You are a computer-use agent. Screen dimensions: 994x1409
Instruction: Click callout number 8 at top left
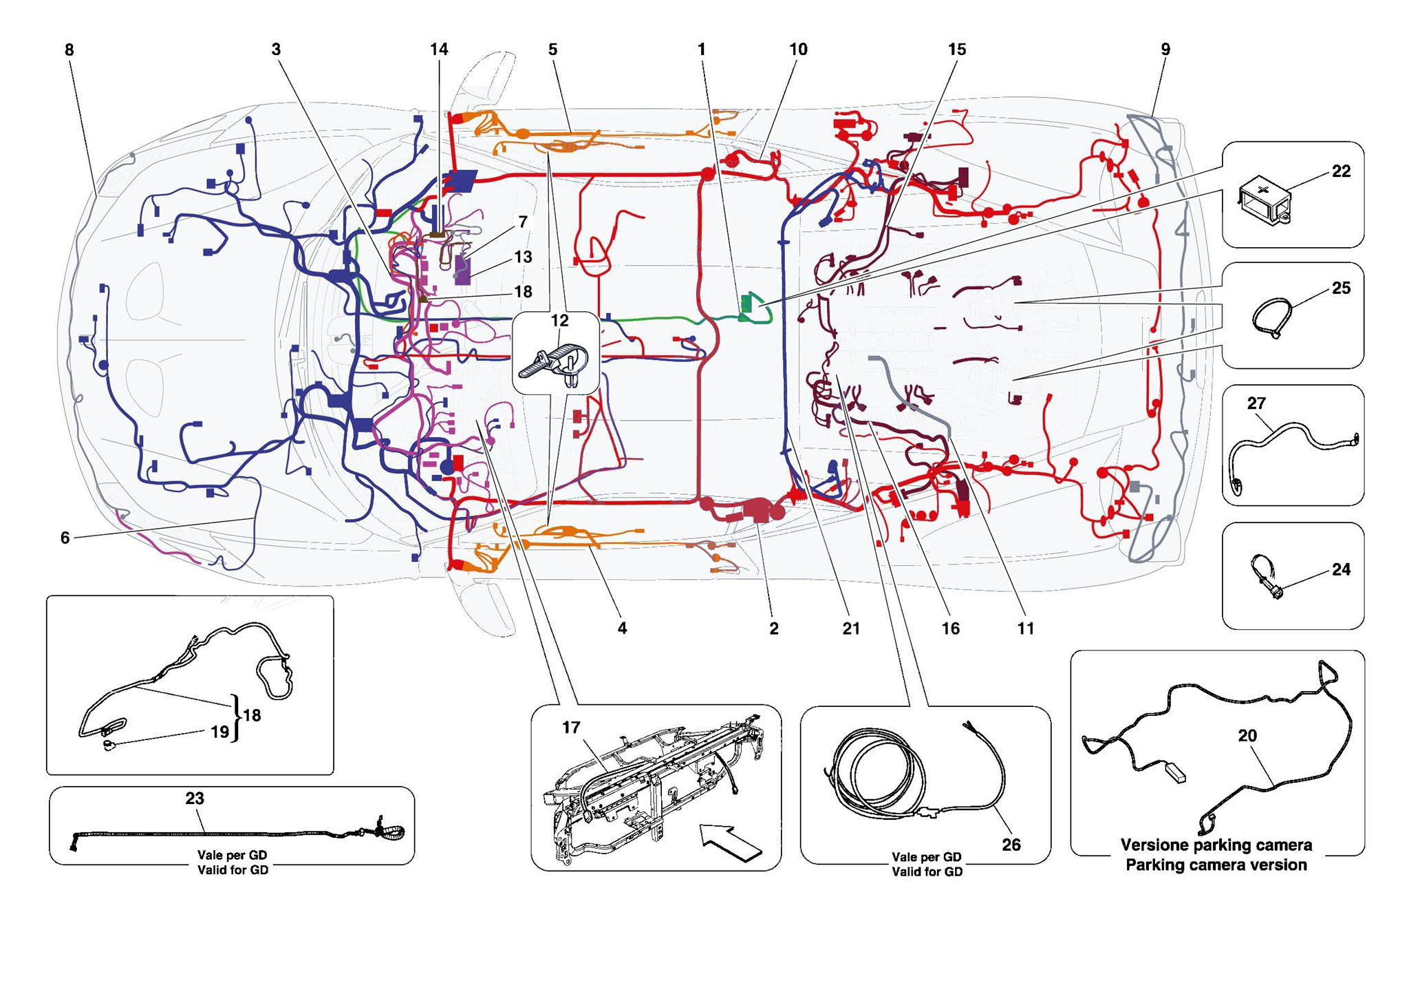(x=69, y=50)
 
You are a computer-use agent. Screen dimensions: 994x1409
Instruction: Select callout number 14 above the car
(x=439, y=50)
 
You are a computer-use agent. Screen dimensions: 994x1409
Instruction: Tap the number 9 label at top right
(x=1165, y=50)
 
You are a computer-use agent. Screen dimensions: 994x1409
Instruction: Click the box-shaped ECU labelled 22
(x=1265, y=200)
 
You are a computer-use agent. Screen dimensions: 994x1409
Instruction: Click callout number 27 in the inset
(x=1256, y=403)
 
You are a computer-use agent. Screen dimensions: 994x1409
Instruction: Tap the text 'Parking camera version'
(x=1216, y=865)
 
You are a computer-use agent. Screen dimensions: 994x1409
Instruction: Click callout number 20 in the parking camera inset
(x=1247, y=736)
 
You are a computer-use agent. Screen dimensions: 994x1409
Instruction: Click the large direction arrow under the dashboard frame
(x=731, y=842)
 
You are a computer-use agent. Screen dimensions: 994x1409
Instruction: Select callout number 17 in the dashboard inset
(x=571, y=728)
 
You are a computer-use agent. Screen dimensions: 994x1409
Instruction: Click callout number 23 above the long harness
(x=195, y=799)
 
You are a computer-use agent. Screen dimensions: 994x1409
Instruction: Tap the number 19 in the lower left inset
(x=219, y=732)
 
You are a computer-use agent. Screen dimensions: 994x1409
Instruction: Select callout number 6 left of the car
(x=65, y=538)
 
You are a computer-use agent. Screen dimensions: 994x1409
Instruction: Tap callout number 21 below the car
(x=851, y=628)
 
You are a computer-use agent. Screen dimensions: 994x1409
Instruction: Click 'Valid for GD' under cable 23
(x=233, y=870)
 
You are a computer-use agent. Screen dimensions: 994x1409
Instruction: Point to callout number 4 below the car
(x=622, y=628)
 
